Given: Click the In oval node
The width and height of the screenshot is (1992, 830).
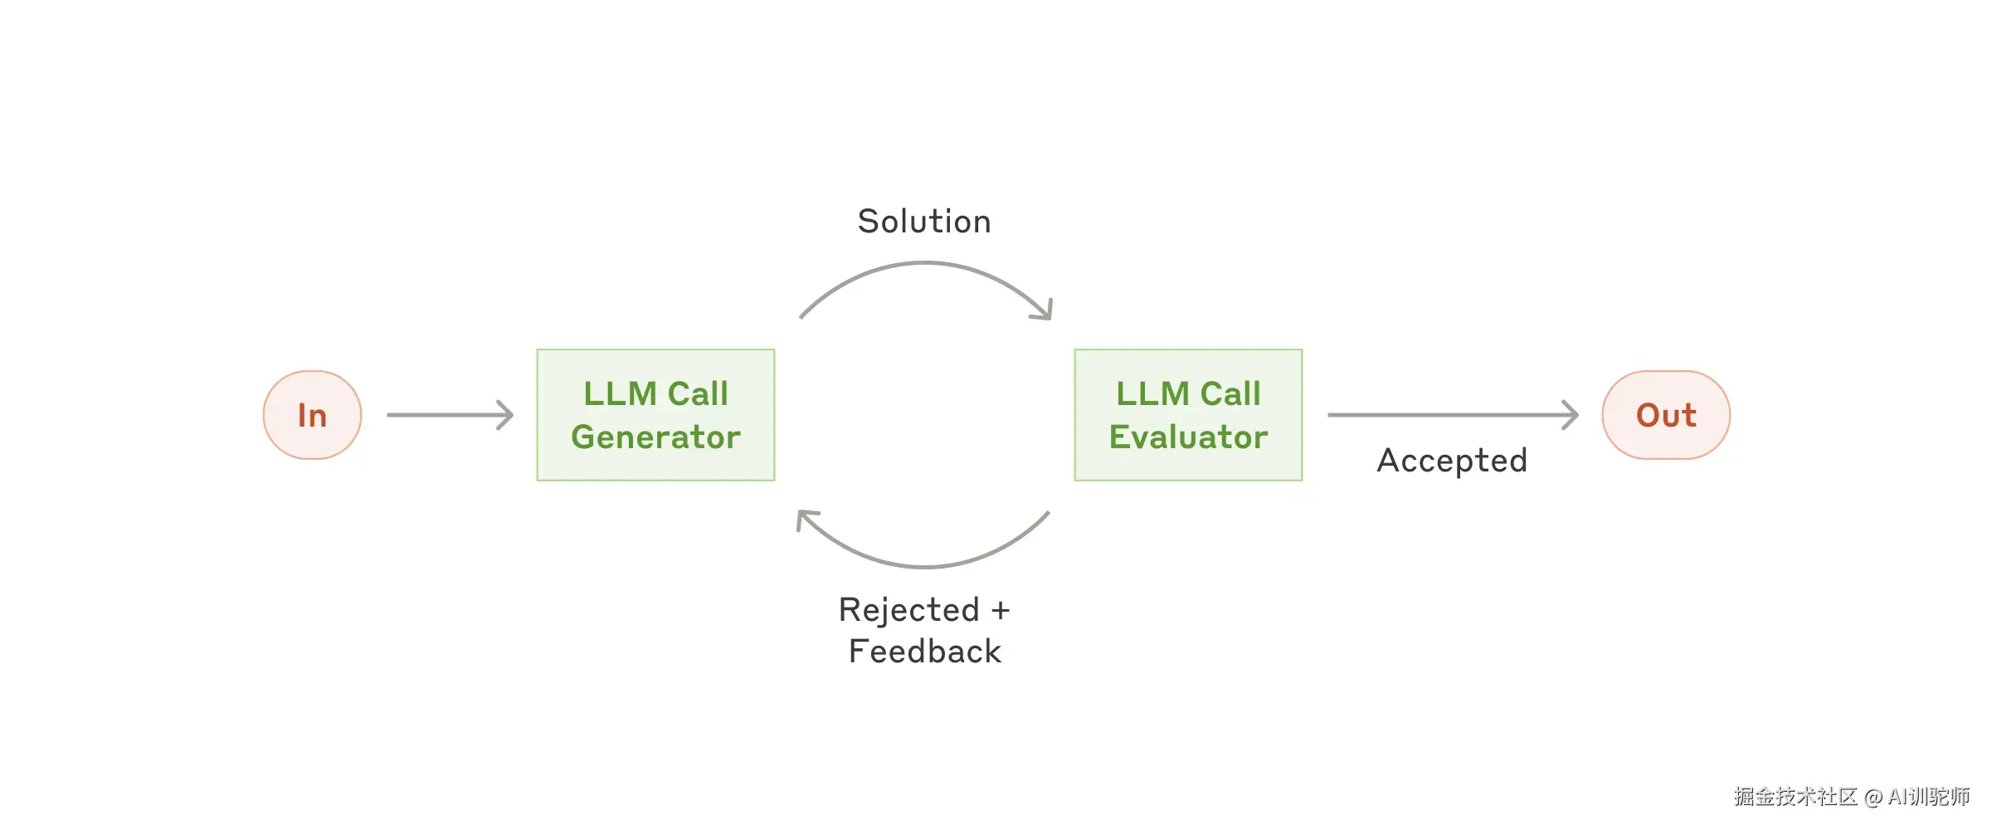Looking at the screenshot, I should coord(312,415).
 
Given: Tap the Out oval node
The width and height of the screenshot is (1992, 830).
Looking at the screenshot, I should coord(1666,415).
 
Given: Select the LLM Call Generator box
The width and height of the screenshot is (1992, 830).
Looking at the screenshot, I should coord(655,415).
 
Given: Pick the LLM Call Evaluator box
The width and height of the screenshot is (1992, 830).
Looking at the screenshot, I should coord(1188,415).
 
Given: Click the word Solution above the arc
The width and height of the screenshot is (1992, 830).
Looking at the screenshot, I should coord(924,222).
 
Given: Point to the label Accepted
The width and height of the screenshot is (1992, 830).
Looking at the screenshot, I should coord(1452,461).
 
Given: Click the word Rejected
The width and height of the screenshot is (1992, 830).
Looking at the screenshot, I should coord(909,611).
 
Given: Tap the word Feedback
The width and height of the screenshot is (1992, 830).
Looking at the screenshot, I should coord(925,652).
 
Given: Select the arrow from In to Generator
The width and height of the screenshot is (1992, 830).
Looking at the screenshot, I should coord(448,415).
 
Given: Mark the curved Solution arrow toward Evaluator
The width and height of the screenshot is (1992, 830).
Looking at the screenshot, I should coord(924,264).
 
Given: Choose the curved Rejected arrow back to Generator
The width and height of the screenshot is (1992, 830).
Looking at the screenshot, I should coord(924,566).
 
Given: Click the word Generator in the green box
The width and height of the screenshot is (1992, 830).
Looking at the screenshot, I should coord(655,437).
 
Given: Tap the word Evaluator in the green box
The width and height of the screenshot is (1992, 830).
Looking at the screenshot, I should coord(1188,437).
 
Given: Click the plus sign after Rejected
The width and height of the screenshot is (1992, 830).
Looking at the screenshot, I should coord(1001,611).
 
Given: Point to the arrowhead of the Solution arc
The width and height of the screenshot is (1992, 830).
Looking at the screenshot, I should coord(1046,312).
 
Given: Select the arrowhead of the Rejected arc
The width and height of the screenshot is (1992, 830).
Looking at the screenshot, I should coord(803,518).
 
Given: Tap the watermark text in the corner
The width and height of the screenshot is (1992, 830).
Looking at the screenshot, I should coord(1851,797).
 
